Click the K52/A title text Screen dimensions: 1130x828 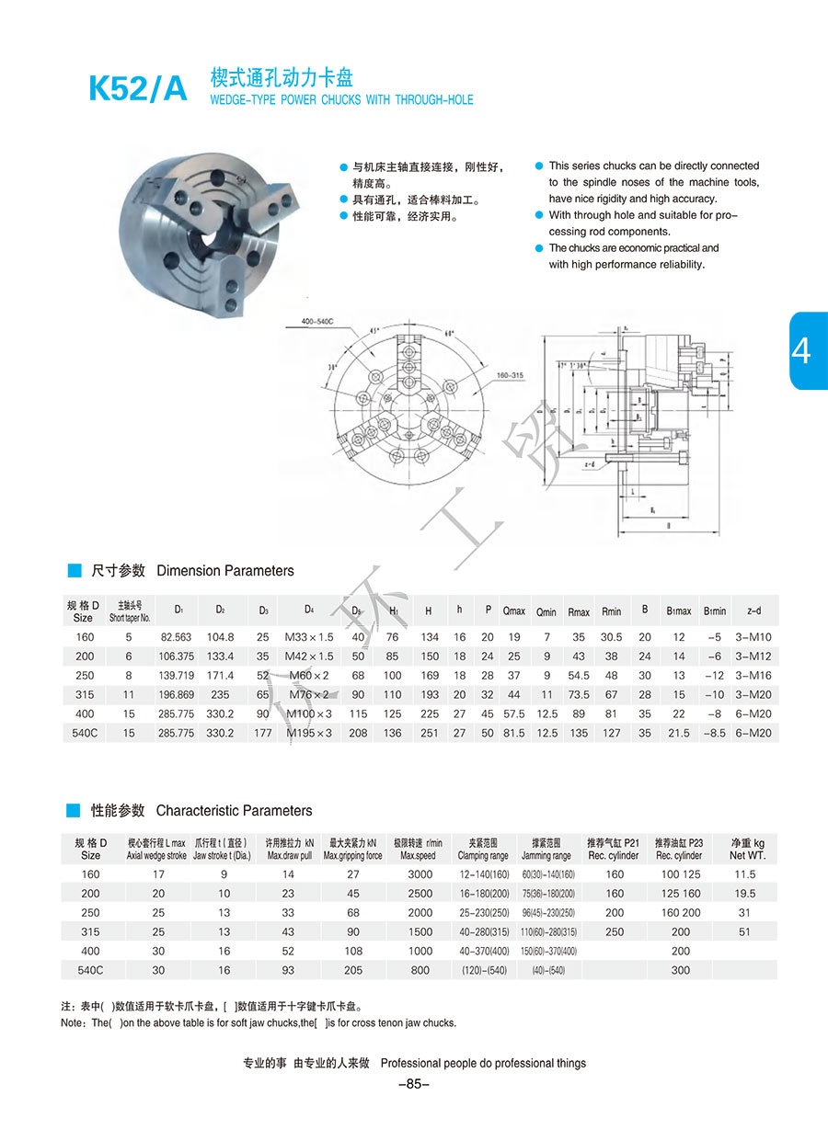tap(137, 88)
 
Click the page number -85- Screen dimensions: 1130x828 tap(414, 1084)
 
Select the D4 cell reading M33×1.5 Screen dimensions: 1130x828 tap(310, 637)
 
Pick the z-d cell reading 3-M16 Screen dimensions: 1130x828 tap(753, 675)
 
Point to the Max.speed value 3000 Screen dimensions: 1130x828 tap(420, 874)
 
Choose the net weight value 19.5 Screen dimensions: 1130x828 tap(745, 894)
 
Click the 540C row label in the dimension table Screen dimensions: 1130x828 tap(84, 733)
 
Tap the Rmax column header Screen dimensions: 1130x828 tap(579, 611)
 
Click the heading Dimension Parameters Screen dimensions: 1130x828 tap(225, 571)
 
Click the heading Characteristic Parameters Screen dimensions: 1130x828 tap(234, 811)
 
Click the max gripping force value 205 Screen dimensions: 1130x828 tap(352, 970)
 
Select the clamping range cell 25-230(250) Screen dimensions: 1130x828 tap(483, 913)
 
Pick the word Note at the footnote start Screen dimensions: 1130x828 tap(73, 1023)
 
